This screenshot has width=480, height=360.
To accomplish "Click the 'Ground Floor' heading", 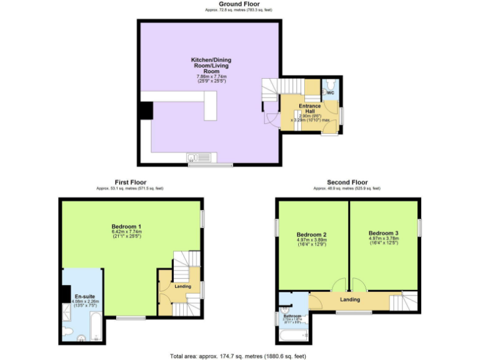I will click(x=239, y=4).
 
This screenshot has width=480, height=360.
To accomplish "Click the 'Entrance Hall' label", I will click(x=309, y=108).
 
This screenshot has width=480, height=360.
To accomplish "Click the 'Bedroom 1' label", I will click(x=126, y=226).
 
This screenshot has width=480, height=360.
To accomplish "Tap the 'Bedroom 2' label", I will click(x=312, y=235).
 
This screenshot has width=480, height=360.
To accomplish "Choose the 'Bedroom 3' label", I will click(x=383, y=232).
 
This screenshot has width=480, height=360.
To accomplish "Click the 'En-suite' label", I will click(x=84, y=296).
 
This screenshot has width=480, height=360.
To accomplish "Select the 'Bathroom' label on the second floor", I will click(x=292, y=316).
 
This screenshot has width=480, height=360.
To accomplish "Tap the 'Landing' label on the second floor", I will click(x=350, y=300).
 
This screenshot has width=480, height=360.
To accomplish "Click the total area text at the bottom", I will click(x=238, y=356).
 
